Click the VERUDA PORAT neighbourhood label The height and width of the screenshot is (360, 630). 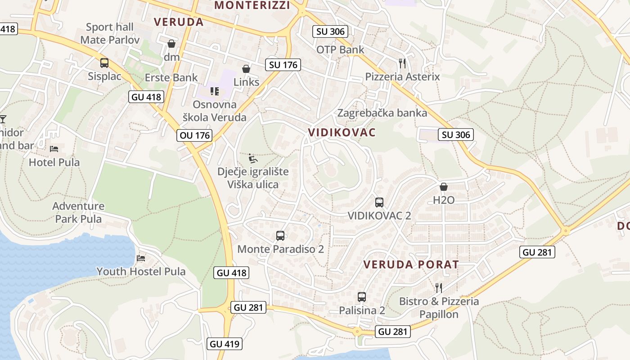click(411, 265)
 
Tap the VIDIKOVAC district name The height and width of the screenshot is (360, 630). click(342, 132)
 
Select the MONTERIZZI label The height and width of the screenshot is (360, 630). click(252, 5)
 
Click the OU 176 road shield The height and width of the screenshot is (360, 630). click(194, 135)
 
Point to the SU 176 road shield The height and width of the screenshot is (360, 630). click(283, 65)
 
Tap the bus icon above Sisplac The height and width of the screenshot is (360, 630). click(104, 63)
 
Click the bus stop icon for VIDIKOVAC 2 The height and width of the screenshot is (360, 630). click(379, 202)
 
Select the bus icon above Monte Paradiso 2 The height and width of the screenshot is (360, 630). click(280, 235)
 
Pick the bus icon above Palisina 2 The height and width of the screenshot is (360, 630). click(362, 297)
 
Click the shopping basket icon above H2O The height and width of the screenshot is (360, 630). click(444, 187)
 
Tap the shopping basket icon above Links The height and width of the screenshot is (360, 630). click(246, 69)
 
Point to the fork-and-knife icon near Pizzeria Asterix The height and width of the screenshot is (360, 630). click(402, 63)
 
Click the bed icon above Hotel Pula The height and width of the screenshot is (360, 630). click(54, 149)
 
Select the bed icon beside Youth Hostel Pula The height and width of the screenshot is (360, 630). click(141, 258)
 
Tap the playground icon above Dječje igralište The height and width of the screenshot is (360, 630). click(253, 158)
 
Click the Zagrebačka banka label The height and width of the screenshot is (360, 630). click(382, 113)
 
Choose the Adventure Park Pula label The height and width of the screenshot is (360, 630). click(78, 212)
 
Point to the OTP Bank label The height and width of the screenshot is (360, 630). click(340, 49)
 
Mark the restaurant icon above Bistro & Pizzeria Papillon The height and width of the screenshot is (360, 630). click(439, 288)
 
